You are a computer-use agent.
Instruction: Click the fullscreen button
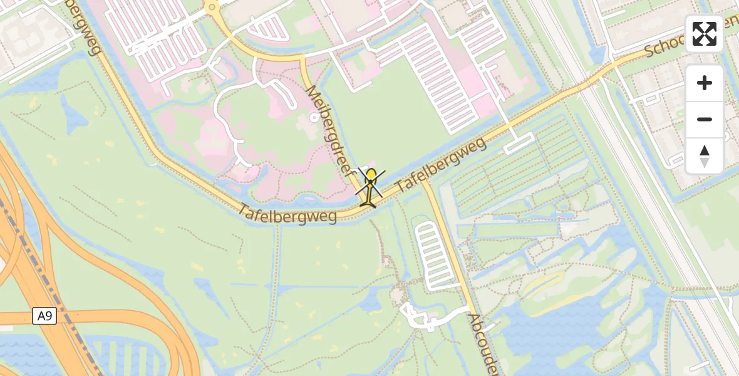coord(705,34)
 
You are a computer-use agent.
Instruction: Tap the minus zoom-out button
coord(705,119)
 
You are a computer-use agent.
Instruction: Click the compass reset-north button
coord(705,156)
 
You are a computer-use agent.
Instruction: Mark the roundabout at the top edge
coord(212,8)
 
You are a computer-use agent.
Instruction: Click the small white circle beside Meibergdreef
coord(314,117)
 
